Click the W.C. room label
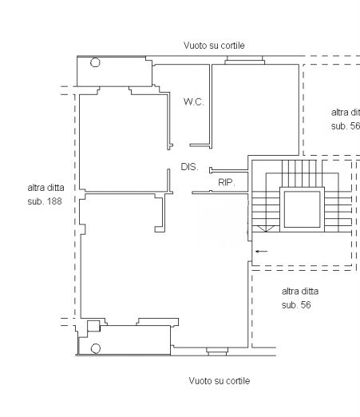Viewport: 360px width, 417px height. click(x=192, y=101)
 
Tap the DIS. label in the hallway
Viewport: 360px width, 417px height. click(x=189, y=166)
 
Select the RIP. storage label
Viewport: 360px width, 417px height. click(x=225, y=183)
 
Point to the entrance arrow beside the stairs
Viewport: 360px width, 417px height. click(x=261, y=251)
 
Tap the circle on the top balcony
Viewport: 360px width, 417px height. click(x=95, y=63)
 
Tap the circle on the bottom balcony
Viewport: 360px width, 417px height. click(x=95, y=347)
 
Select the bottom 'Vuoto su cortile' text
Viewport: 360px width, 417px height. click(x=219, y=381)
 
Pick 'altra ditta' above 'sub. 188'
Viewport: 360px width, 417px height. click(x=45, y=189)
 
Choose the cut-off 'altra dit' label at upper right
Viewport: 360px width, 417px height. click(x=345, y=113)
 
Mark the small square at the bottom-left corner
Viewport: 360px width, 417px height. click(x=93, y=325)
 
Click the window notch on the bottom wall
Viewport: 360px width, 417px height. click(x=217, y=350)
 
